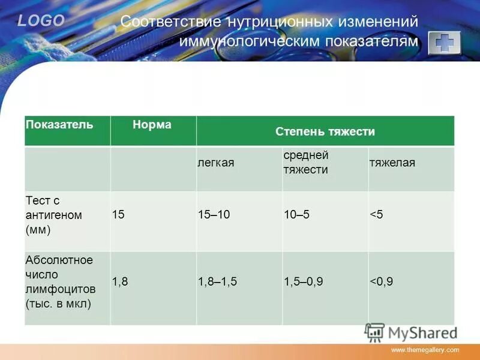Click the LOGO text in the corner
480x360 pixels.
pyautogui.click(x=41, y=21)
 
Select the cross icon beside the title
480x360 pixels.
pyautogui.click(x=444, y=43)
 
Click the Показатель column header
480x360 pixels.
pyautogui.click(x=59, y=125)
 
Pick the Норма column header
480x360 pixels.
pyautogui.click(x=152, y=125)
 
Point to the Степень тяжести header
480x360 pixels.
pyautogui.click(x=325, y=131)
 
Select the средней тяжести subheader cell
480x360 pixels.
pyautogui.click(x=306, y=162)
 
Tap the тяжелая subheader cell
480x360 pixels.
pyautogui.click(x=392, y=163)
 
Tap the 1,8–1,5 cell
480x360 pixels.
pyautogui.click(x=218, y=281)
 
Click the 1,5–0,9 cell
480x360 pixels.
pyautogui.click(x=304, y=281)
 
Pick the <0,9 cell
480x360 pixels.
pyautogui.click(x=382, y=281)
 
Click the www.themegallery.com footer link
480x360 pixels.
pyautogui.click(x=425, y=349)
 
